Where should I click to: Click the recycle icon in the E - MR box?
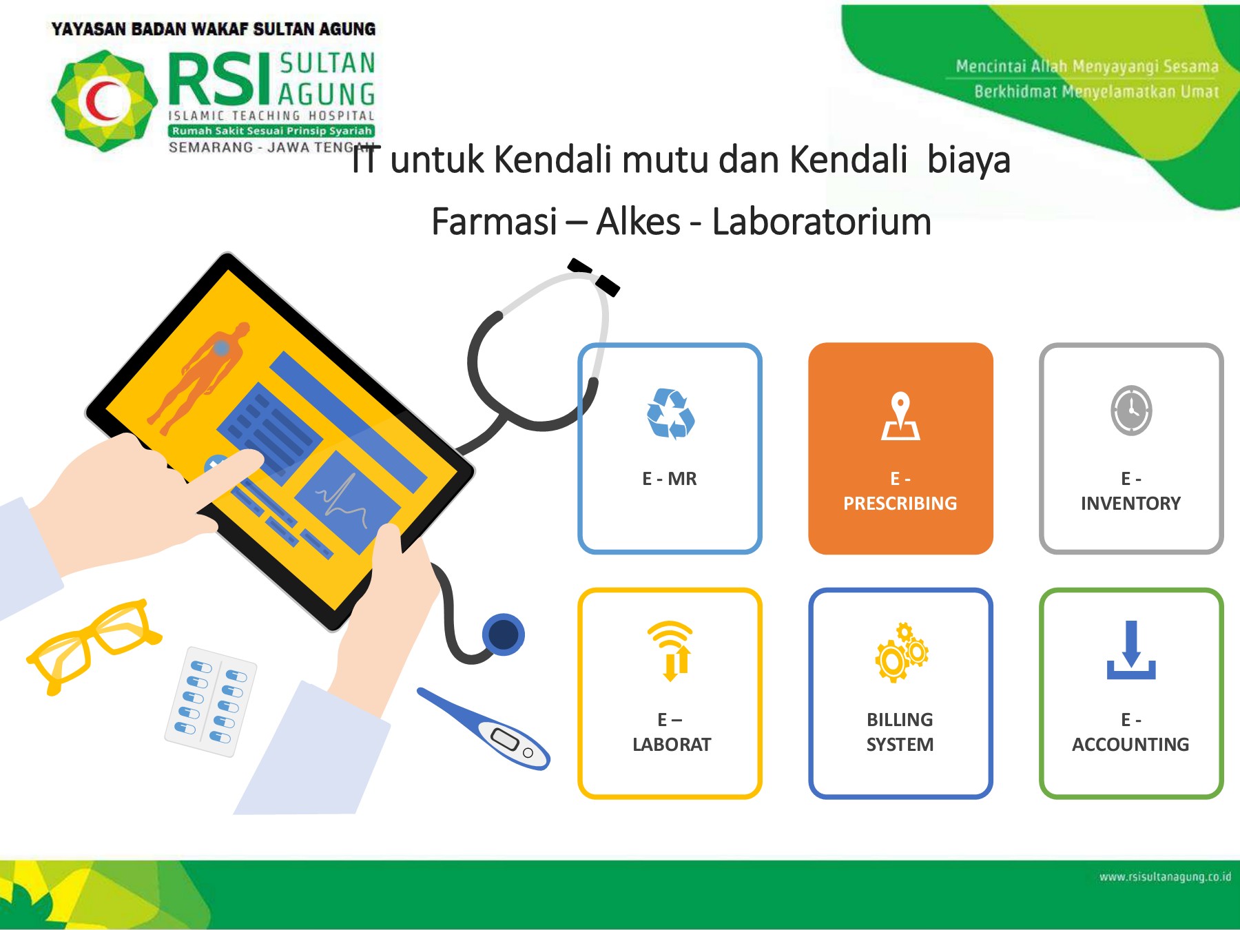[670, 413]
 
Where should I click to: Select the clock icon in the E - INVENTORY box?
[1131, 411]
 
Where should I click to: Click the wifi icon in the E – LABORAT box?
[671, 650]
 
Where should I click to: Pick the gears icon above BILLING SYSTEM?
[901, 653]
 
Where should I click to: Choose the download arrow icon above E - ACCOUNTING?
[1131, 650]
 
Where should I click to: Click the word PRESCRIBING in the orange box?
[900, 504]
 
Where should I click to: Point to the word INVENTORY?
[1130, 504]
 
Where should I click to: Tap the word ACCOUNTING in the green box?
[1130, 745]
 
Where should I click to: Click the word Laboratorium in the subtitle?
[821, 222]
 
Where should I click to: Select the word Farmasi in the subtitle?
[494, 222]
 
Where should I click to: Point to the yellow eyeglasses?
[93, 644]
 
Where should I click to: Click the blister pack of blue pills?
[211, 701]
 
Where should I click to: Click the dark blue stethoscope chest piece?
[504, 634]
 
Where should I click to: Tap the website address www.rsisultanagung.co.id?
[1164, 877]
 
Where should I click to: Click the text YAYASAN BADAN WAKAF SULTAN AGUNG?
[214, 29]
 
